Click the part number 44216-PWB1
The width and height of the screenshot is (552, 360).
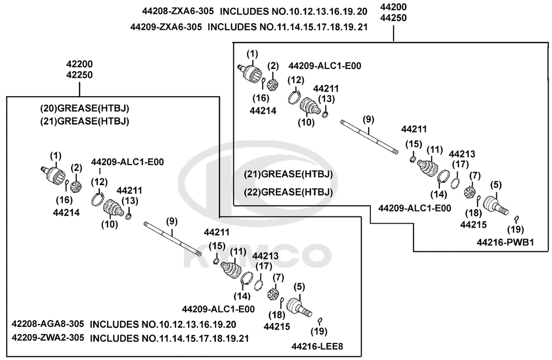tap(506, 242)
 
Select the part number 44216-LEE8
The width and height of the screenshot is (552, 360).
tap(317, 347)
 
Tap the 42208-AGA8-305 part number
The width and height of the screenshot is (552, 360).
tap(48, 324)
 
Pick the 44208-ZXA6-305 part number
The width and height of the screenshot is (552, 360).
tap(178, 11)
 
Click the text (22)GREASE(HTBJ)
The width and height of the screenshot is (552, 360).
tap(288, 192)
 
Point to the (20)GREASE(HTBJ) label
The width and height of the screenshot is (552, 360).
tap(84, 108)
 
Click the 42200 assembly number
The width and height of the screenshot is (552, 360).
tap(79, 64)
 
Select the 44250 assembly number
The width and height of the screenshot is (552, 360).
tap(394, 18)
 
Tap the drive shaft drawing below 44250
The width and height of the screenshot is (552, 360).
tap(369, 137)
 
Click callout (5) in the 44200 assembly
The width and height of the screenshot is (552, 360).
tap(496, 184)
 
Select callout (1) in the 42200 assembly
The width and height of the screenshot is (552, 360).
tap(56, 156)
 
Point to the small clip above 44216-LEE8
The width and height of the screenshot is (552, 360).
tap(320, 321)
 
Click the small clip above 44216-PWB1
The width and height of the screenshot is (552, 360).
tap(517, 219)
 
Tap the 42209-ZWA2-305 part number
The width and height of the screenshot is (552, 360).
tap(48, 337)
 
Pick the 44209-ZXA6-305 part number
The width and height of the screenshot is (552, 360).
tap(166, 27)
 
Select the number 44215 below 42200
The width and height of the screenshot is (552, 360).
tap(277, 326)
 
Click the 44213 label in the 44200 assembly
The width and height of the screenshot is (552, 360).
tap(462, 154)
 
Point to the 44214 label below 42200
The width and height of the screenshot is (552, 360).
tap(66, 213)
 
